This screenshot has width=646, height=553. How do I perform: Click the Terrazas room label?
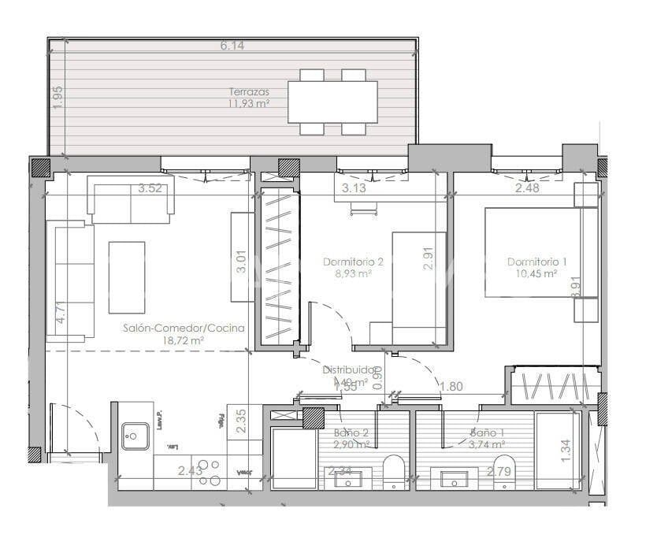point(243,91)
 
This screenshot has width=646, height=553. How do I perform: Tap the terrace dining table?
point(332,102)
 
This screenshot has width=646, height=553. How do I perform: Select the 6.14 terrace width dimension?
point(232,46)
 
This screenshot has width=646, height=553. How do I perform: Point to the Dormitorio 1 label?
point(537,262)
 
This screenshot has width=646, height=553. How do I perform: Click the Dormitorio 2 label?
point(353,262)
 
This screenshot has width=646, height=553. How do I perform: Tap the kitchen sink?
point(136,435)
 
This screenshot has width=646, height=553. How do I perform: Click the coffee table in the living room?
point(127,276)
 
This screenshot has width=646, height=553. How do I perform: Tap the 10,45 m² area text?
point(537,274)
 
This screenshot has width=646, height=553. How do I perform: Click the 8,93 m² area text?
point(353,274)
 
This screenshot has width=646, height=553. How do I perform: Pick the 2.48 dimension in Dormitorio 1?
point(527,188)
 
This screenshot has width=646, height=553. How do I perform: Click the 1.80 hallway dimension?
point(451,386)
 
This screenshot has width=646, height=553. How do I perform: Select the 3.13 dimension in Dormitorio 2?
point(355,188)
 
